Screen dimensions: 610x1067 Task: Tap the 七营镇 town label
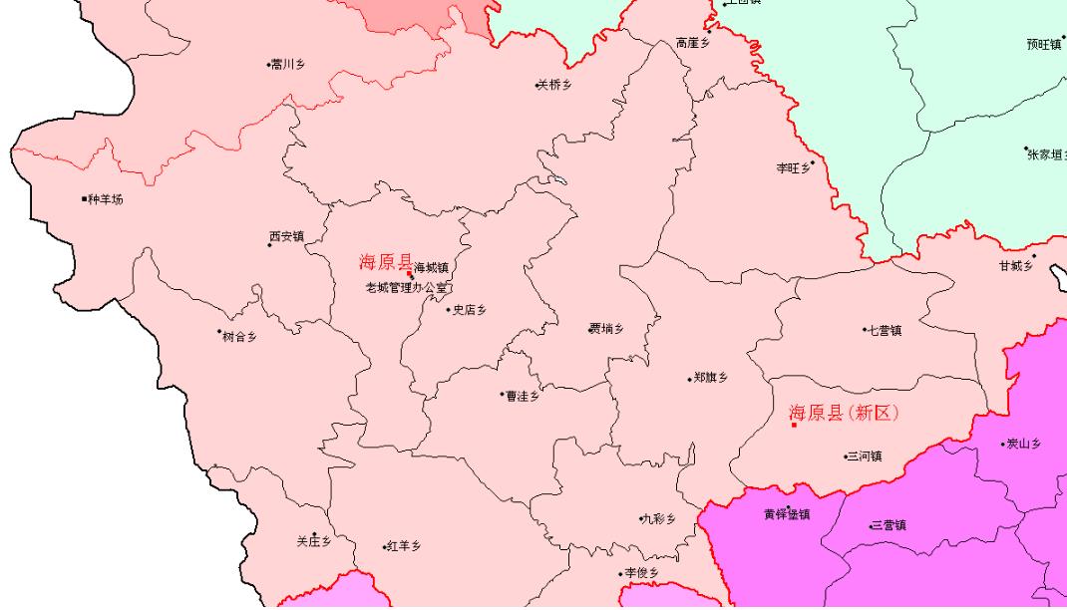pos(885,331)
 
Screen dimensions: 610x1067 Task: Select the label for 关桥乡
pos(555,86)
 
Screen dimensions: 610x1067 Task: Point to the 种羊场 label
pos(106,199)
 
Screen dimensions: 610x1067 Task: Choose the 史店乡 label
pos(470,310)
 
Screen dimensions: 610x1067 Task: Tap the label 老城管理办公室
pos(407,288)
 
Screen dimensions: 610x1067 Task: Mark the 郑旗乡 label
pos(710,378)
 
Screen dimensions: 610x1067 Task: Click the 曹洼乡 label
pos(523,396)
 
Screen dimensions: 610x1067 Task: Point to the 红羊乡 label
pos(405,546)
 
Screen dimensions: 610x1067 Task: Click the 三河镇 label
pos(865,457)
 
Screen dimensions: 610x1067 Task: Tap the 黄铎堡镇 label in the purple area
pos(787,514)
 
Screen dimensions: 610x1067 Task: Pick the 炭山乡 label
pos(1024,444)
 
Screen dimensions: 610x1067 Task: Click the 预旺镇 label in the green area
pos(1043,44)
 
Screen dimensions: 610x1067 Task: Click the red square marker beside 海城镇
pos(409,273)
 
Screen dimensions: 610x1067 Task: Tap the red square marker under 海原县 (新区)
pos(793,426)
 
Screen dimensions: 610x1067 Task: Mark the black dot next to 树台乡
pos(219,332)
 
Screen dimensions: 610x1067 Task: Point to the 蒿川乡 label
pos(288,65)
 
